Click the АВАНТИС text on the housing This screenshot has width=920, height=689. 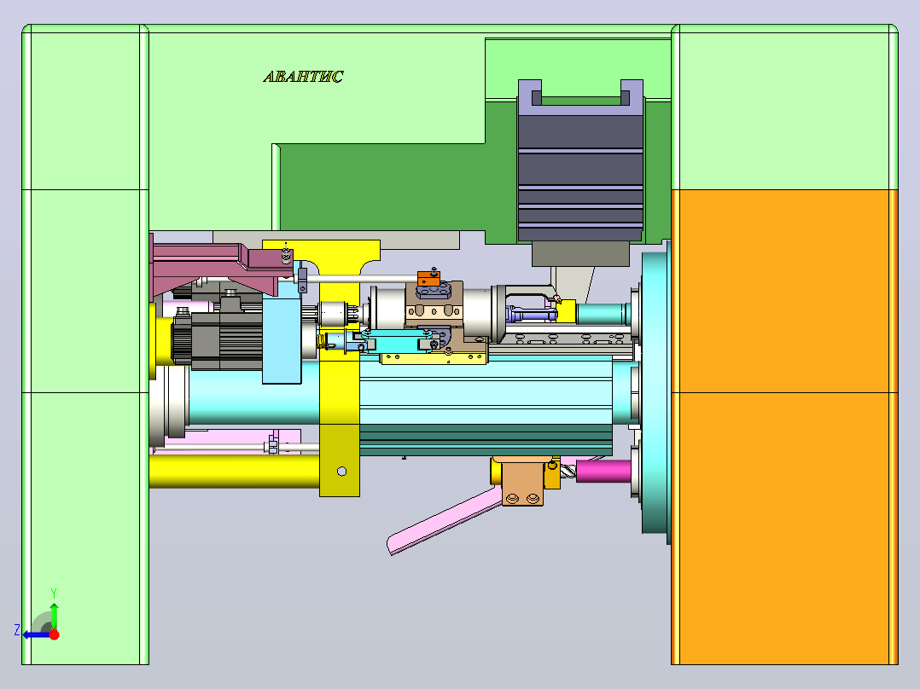pyautogui.click(x=303, y=77)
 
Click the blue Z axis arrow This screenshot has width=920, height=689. pyautogui.click(x=37, y=634)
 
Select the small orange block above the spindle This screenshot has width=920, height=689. pyautogui.click(x=429, y=279)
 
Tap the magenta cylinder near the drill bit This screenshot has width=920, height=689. pyautogui.click(x=603, y=471)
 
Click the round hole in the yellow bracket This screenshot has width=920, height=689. pyautogui.click(x=342, y=472)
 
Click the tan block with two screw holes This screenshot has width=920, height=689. pyautogui.click(x=520, y=482)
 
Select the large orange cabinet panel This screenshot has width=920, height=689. pyautogui.click(x=784, y=427)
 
